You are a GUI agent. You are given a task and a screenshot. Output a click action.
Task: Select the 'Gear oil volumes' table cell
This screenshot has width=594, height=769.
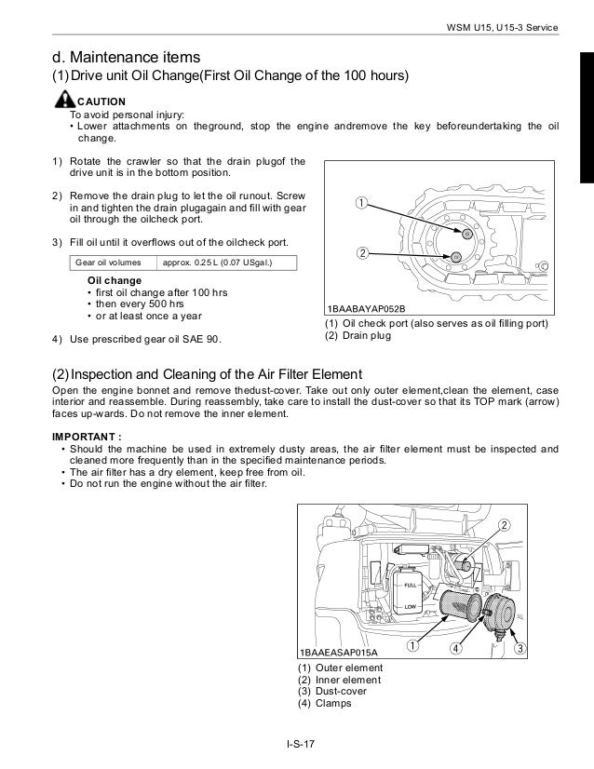tap(114, 263)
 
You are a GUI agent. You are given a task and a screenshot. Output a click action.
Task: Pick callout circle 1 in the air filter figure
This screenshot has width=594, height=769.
tap(411, 644)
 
